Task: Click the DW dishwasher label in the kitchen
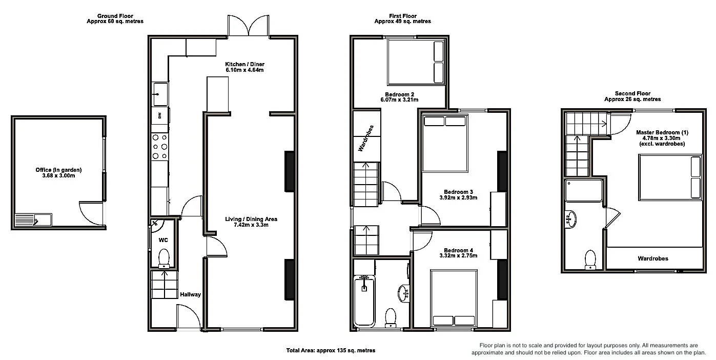pyautogui.click(x=159, y=115)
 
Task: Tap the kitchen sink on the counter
pyautogui.click(x=160, y=94)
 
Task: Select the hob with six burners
pyautogui.click(x=160, y=147)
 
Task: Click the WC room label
pyautogui.click(x=163, y=240)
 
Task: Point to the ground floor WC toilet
pyautogui.click(x=164, y=258)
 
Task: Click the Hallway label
pyautogui.click(x=190, y=294)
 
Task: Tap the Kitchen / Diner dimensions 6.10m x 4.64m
pyautogui.click(x=244, y=70)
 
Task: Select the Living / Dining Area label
pyautogui.click(x=251, y=219)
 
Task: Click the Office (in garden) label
pyautogui.click(x=58, y=170)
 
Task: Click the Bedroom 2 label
pyautogui.click(x=400, y=94)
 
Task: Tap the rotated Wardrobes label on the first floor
pyautogui.click(x=365, y=138)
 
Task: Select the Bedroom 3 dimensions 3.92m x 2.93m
pyautogui.click(x=458, y=197)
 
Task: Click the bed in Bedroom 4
pyautogui.click(x=454, y=298)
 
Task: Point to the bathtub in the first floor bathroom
pyautogui.click(x=364, y=301)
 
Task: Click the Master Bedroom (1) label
pyautogui.click(x=662, y=132)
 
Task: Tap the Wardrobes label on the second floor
pyautogui.click(x=653, y=258)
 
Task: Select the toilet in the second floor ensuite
pyautogui.click(x=590, y=259)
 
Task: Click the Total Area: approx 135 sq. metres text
pyautogui.click(x=331, y=350)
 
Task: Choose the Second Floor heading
pyautogui.click(x=632, y=93)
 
